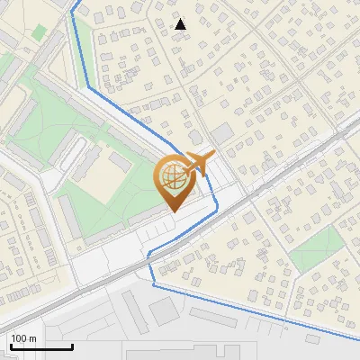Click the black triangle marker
181,24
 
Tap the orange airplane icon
199,162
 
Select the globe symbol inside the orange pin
173,177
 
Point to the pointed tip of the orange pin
173,211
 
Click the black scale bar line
40,346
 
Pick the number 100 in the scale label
20,338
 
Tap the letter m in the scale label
33,338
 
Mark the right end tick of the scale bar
72,345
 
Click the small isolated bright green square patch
39,31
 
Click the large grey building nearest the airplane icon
221,133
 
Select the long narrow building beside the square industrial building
135,306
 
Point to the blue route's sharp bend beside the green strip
89,88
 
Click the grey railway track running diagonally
270,180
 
